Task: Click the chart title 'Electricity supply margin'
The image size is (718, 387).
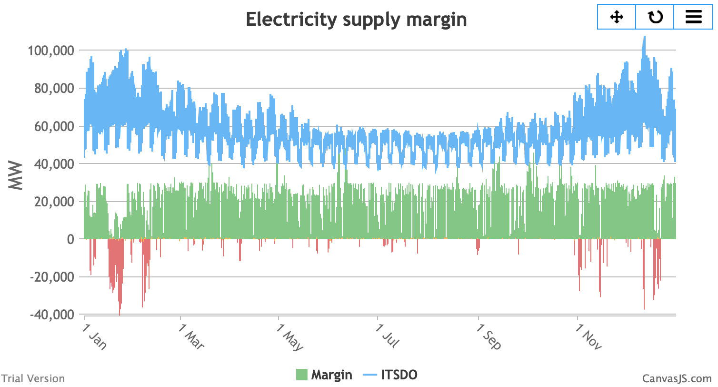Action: click(x=356, y=20)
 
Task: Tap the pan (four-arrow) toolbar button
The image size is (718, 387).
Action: click(x=617, y=17)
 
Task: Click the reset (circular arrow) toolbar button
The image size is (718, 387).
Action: click(x=655, y=17)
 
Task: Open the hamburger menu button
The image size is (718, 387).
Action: click(x=693, y=17)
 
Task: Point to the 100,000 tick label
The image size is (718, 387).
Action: click(x=51, y=51)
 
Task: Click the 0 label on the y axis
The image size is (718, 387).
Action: click(x=70, y=239)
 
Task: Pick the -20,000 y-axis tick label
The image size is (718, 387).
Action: click(x=52, y=277)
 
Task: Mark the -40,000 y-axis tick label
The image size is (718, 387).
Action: click(x=52, y=315)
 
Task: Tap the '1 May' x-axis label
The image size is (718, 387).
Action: click(x=289, y=337)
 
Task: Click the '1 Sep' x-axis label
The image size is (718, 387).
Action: click(x=489, y=337)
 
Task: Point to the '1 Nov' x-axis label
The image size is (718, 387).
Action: click(x=588, y=337)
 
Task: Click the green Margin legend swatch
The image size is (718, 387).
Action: click(x=301, y=375)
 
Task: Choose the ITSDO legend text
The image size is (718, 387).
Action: click(x=399, y=375)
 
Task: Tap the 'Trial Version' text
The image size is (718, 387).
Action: click(x=32, y=378)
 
